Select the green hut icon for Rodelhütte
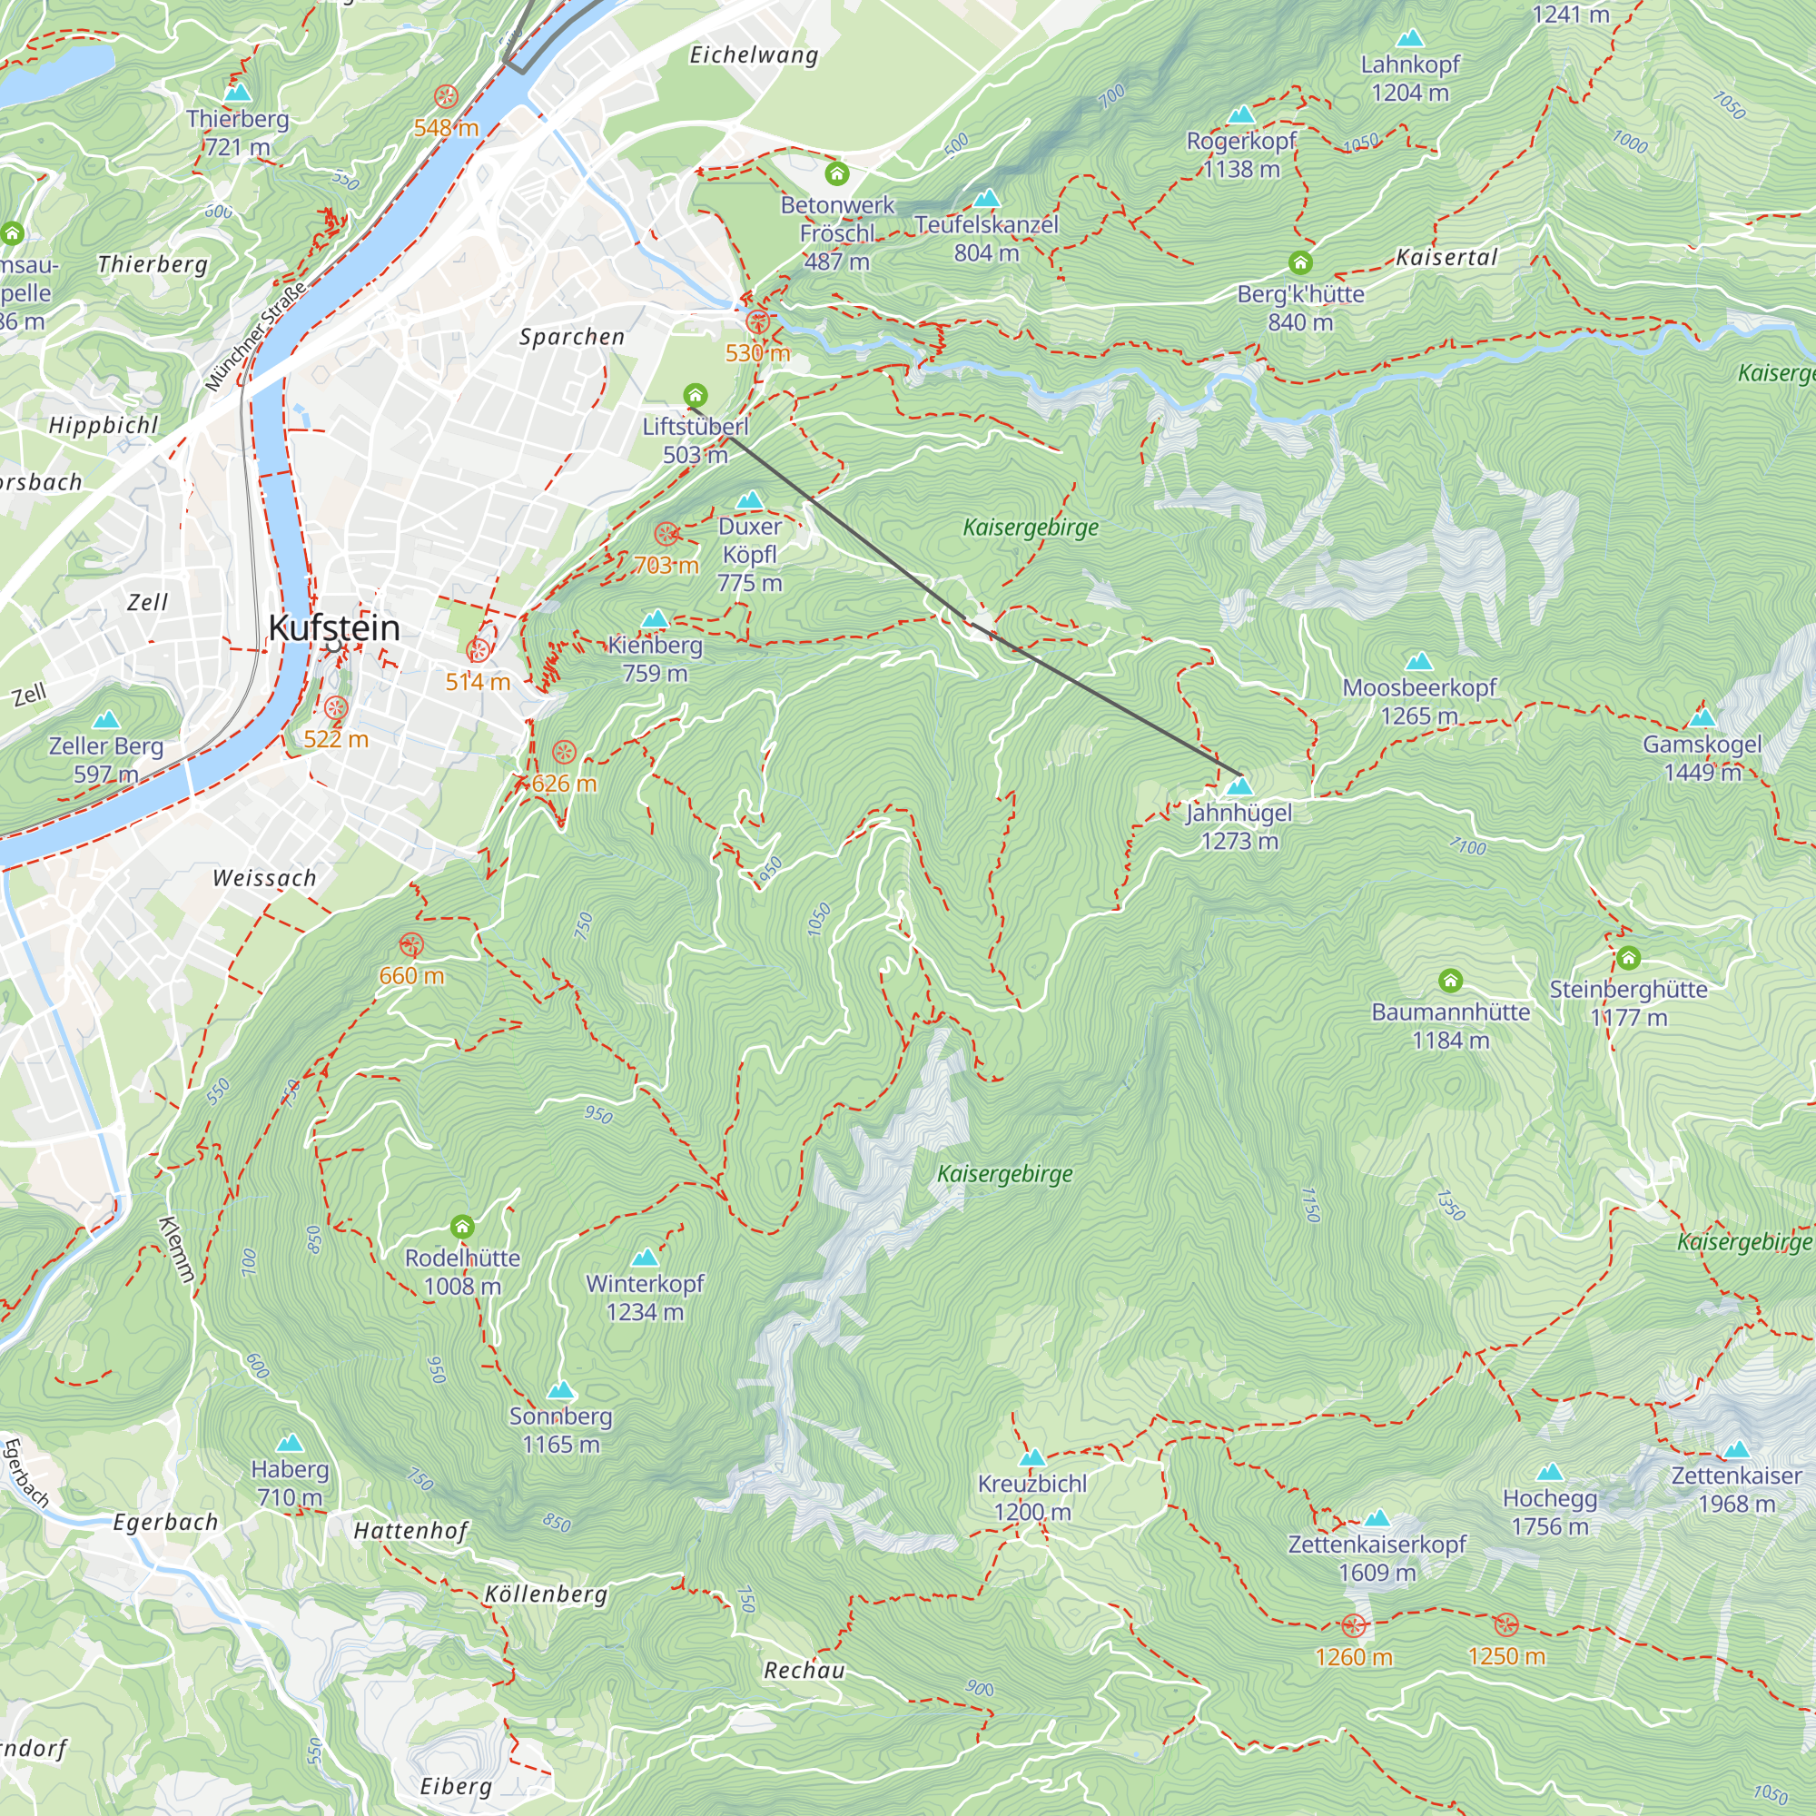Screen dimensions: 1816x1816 [461, 1227]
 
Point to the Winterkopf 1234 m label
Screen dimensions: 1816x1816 [645, 1298]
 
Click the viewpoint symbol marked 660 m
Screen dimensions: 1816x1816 [410, 944]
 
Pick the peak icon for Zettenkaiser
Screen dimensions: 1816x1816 [1736, 1448]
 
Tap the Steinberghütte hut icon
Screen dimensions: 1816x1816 [1628, 958]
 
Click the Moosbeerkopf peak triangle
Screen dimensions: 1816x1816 [1418, 662]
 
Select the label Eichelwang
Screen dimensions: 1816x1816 [754, 55]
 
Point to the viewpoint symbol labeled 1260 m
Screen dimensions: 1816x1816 [1353, 1625]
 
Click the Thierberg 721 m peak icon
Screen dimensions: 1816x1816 [238, 93]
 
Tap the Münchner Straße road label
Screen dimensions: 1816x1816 [255, 337]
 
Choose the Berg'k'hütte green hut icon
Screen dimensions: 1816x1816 [1300, 262]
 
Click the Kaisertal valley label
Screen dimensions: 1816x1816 [1446, 257]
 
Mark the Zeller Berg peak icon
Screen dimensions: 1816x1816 [106, 720]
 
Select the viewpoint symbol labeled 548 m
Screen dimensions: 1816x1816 [446, 96]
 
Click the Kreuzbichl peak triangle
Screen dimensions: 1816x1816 [1032, 1458]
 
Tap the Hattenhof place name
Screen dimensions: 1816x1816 [410, 1531]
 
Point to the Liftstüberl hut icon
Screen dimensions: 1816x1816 [695, 394]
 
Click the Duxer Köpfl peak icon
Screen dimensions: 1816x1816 [749, 500]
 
